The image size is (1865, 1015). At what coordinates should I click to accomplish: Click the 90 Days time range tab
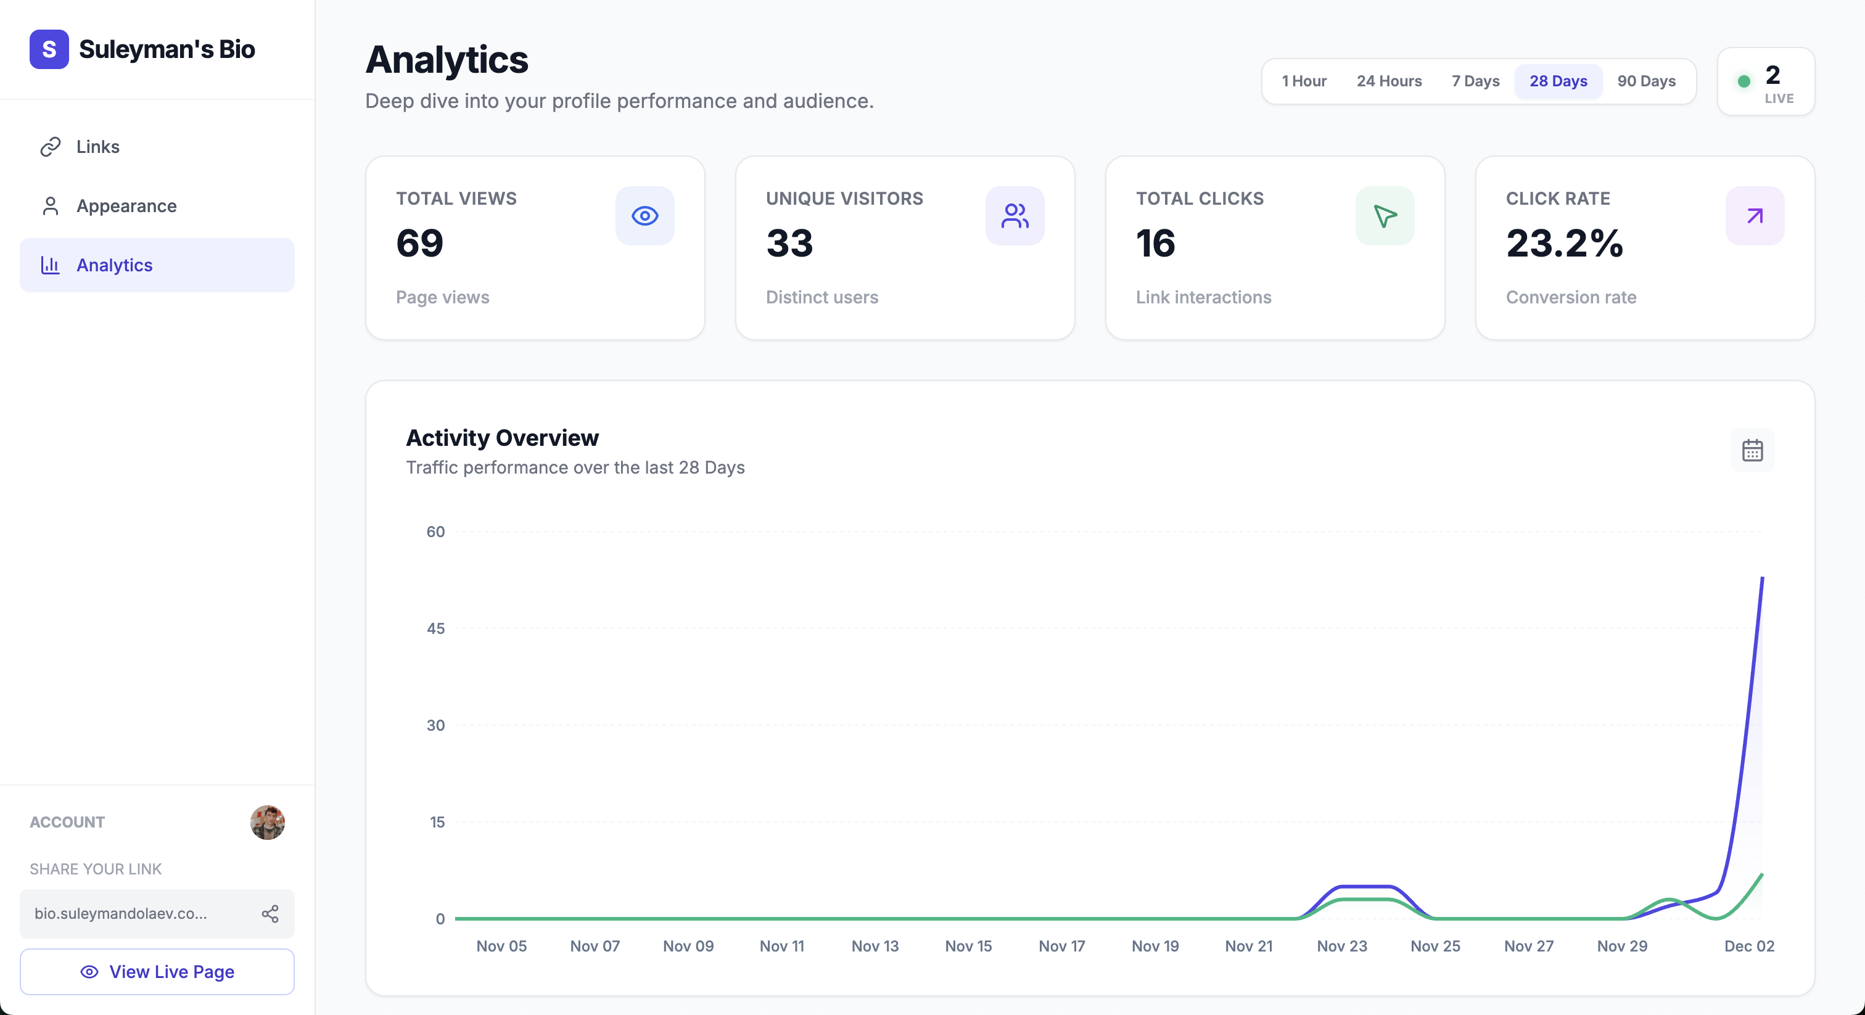[1645, 81]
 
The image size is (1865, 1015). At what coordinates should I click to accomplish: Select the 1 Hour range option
[1303, 81]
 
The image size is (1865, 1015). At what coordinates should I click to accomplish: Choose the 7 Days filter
[1475, 81]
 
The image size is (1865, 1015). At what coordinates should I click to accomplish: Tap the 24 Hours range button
[1389, 81]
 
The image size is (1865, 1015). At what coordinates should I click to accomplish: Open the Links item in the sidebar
[97, 147]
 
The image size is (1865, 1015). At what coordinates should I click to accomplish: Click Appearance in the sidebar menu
[126, 207]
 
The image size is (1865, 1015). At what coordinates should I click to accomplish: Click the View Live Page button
[157, 972]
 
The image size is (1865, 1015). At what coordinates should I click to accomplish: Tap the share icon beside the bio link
[270, 914]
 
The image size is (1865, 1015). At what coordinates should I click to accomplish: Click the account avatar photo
[267, 823]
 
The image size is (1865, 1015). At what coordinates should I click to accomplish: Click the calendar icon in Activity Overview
[1752, 450]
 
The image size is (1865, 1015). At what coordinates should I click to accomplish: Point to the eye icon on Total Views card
[644, 216]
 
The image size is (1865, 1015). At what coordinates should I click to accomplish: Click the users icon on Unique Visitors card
[1015, 216]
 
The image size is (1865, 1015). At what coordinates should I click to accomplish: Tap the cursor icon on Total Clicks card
[1385, 216]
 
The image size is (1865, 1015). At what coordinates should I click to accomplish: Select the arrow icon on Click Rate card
[1754, 216]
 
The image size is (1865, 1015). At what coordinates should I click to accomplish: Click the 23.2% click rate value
[1565, 243]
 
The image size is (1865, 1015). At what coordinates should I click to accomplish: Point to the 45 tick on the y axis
[435, 628]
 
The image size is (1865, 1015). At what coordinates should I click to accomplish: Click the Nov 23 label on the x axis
[1341, 946]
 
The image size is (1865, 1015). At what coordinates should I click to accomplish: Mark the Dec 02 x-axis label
[1749, 946]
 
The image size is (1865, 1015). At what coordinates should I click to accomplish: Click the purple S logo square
[49, 49]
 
